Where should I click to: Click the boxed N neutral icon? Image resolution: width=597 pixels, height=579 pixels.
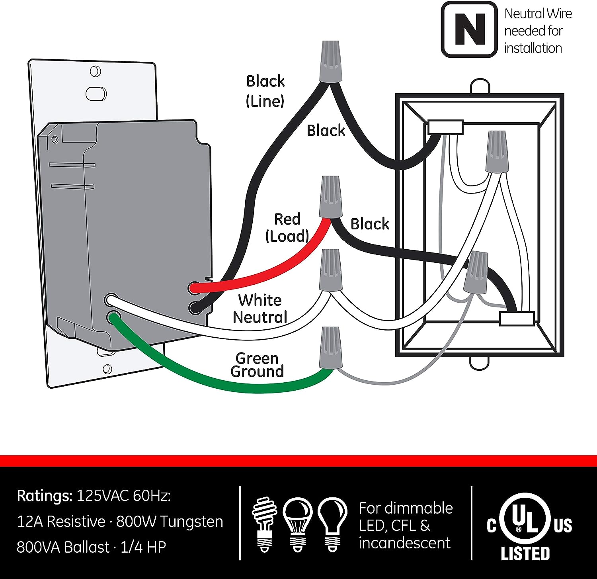[x=470, y=29]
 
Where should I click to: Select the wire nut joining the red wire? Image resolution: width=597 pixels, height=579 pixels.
[x=331, y=197]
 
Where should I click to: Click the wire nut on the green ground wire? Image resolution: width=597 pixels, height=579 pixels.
[x=330, y=347]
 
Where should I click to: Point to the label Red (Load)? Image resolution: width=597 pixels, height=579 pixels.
[x=287, y=228]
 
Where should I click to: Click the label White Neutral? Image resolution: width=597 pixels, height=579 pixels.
[x=260, y=309]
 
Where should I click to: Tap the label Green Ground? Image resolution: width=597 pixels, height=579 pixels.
[x=257, y=365]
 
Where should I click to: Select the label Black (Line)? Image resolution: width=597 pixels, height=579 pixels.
[x=265, y=91]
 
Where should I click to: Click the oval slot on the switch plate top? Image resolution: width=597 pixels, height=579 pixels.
[x=96, y=94]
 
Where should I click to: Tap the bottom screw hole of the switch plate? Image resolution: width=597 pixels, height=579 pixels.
[x=107, y=369]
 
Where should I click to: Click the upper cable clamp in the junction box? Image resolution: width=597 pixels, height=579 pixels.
[x=445, y=127]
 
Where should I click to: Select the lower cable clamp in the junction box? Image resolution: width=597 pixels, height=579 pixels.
[x=517, y=319]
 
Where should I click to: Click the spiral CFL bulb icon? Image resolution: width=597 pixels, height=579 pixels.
[x=263, y=523]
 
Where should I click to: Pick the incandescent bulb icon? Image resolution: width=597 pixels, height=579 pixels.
[x=333, y=523]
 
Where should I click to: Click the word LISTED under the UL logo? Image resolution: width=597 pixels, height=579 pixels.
[x=525, y=554]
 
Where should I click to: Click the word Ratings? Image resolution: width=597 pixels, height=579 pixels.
[x=45, y=496]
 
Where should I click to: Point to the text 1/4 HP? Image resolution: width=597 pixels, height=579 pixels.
[x=143, y=547]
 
